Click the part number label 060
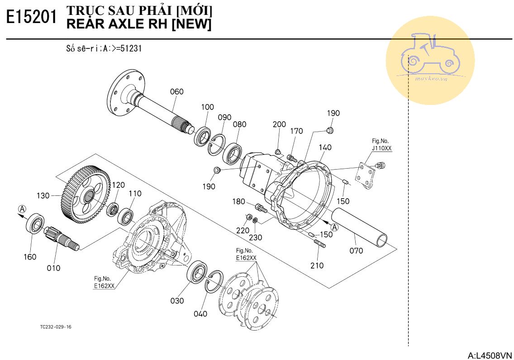(x=176, y=92)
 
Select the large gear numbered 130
(x=85, y=192)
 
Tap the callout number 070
(x=356, y=250)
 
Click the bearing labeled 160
(x=35, y=224)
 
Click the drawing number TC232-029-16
(x=56, y=327)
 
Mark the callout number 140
(x=325, y=147)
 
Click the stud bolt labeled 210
(x=319, y=244)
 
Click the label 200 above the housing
(x=279, y=124)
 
